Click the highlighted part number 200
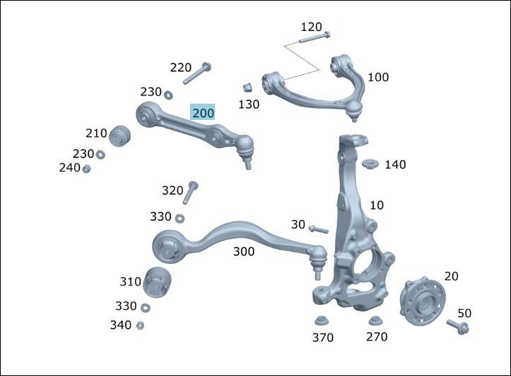(203, 113)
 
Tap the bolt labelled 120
(314, 37)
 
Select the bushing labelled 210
(119, 136)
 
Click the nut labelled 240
(86, 169)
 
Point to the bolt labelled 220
(197, 73)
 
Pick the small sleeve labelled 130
(247, 87)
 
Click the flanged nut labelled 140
(370, 164)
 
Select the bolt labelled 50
(457, 327)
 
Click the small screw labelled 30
(318, 229)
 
